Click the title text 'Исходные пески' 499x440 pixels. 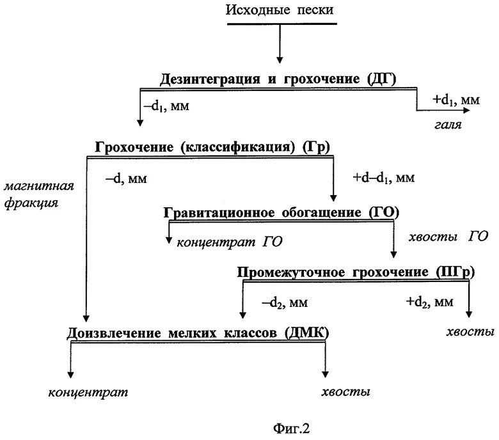click(280, 10)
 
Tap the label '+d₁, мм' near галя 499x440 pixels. click(455, 100)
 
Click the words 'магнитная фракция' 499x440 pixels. click(39, 196)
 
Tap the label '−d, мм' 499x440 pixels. click(125, 179)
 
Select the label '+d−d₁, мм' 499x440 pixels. click(383, 177)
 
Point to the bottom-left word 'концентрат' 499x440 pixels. click(88, 391)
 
